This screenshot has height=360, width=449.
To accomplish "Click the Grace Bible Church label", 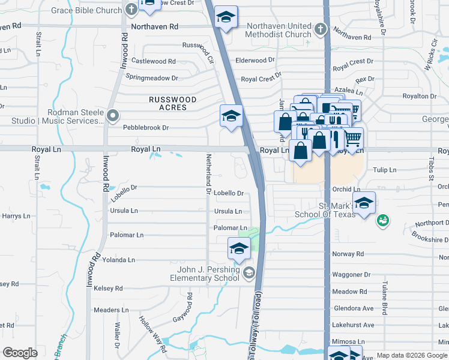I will pos(86,10).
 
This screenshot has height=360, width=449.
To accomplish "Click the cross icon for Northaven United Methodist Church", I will pos(321,28).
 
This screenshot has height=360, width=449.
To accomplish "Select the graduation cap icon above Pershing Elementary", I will pos(239,248).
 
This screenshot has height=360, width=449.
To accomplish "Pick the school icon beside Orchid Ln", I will pos(364,203).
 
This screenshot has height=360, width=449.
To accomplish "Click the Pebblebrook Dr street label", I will pos(146,128).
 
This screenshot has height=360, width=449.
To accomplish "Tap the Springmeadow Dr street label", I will pos(152,78).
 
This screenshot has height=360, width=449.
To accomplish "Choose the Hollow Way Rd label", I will pos(154,334).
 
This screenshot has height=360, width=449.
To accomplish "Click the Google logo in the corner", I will pos(20,353).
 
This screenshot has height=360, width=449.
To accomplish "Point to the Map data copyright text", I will pos(411,355).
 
